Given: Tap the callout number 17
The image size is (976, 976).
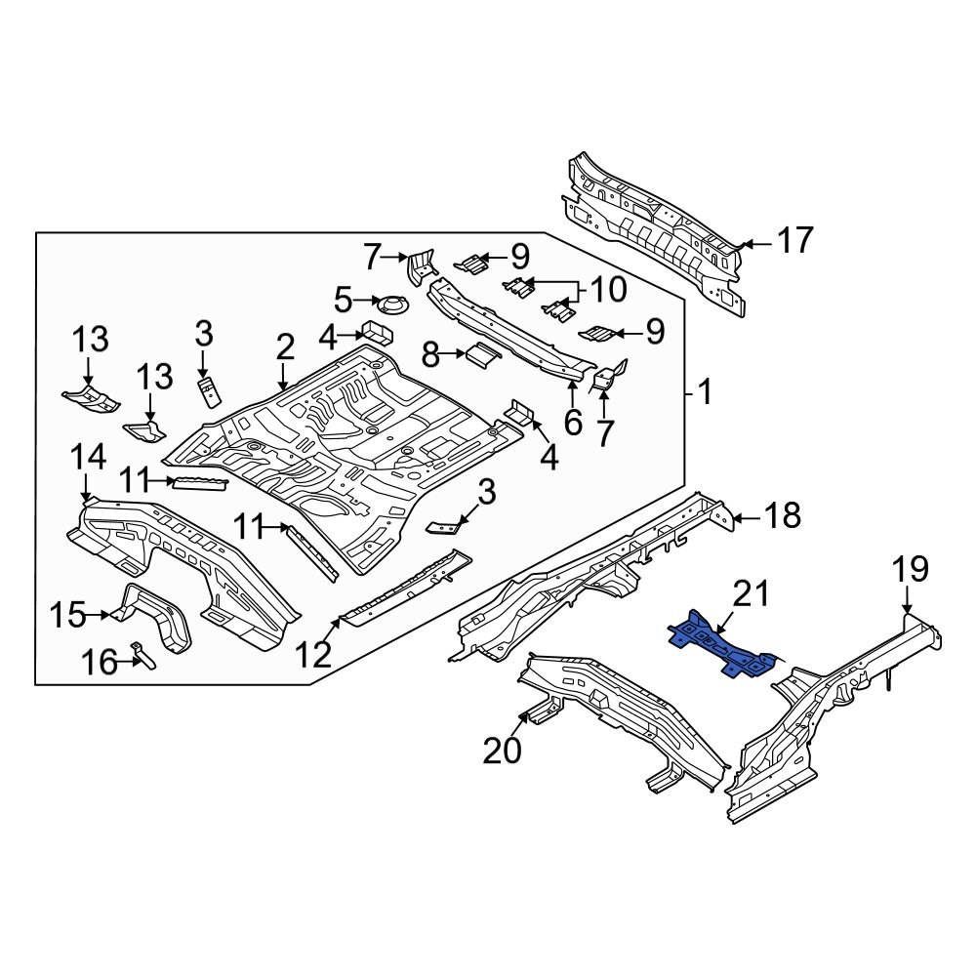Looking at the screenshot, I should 794,240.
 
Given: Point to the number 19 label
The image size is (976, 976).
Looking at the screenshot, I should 909,570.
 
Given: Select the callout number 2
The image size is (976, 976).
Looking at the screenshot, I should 284,346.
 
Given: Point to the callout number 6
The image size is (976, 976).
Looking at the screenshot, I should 572,422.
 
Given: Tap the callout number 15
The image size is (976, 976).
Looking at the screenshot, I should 67,616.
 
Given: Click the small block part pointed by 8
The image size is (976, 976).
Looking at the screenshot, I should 481,354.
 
